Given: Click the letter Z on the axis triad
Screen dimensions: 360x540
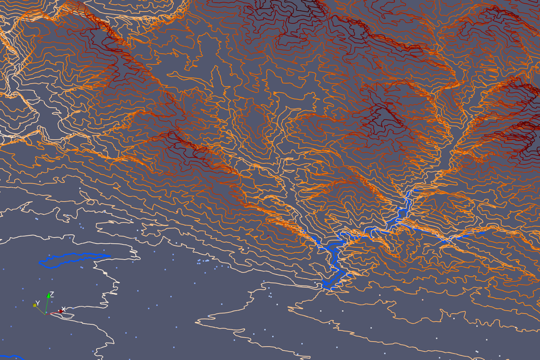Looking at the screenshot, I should [51, 295].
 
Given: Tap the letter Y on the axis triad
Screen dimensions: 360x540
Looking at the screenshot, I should [37, 303].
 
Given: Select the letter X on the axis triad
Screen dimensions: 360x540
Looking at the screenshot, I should [64, 309].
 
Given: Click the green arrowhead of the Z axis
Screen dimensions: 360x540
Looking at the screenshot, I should [49, 298].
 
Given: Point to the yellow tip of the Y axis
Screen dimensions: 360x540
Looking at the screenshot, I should [35, 305].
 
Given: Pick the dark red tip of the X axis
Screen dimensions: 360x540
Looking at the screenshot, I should [60, 311].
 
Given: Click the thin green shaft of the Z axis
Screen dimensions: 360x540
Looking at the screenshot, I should [47, 306].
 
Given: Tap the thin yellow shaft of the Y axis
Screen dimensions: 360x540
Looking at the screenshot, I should [40, 309].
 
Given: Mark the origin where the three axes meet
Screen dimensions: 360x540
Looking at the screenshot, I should [46, 313].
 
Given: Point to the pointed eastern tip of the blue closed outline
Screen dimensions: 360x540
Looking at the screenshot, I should [110, 256].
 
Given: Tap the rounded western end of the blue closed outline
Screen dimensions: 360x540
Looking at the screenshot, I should [41, 263].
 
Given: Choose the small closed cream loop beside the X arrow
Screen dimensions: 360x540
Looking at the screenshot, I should [67, 314].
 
